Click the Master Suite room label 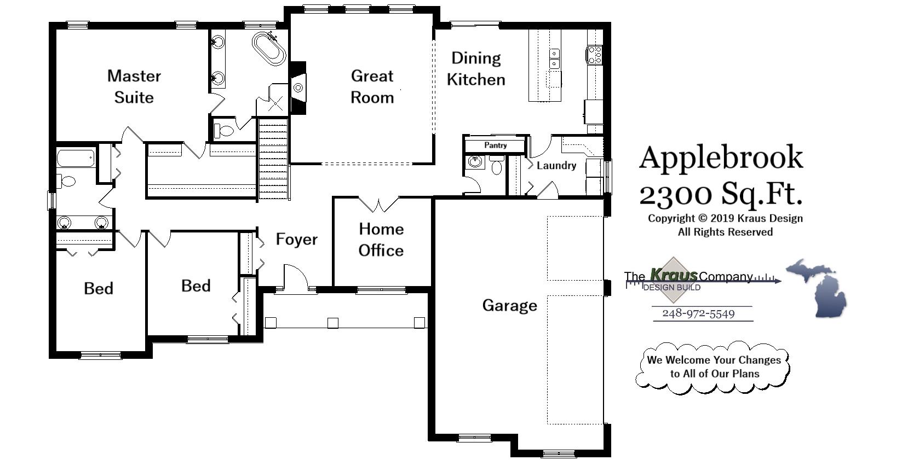pos(134,86)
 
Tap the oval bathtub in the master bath pos(269,48)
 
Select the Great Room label pos(372,86)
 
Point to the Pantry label pos(495,145)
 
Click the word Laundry pos(556,165)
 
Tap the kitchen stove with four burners pos(595,55)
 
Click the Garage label pos(509,305)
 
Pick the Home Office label pos(381,240)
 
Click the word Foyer pos(296,239)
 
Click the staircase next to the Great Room pos(273,161)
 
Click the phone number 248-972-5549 pos(698,314)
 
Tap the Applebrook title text pos(721,158)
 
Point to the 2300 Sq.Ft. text pos(721,193)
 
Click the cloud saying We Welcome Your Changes pos(713,367)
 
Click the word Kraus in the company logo pos(673,275)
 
